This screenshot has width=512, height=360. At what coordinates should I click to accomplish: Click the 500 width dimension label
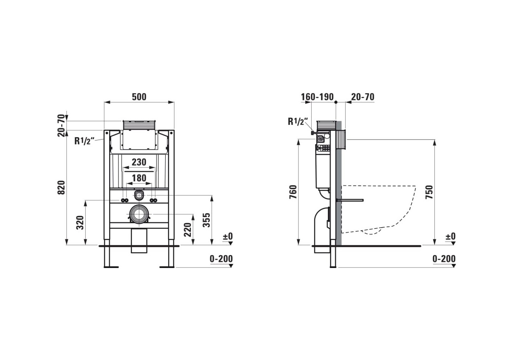tap(139, 97)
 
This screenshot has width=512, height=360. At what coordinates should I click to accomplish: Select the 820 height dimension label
tap(61, 188)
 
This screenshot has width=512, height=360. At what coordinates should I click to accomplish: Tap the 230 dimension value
tap(139, 162)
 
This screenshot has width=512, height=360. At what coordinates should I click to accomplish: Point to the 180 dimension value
tap(139, 178)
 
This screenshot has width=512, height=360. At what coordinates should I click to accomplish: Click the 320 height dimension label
tap(80, 223)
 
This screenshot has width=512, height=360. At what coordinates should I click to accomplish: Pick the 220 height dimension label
tap(188, 230)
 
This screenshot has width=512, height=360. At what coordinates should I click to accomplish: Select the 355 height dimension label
tap(207, 220)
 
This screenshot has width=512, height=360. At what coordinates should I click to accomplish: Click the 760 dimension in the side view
tap(293, 192)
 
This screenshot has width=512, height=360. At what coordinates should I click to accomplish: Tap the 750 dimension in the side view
tap(429, 192)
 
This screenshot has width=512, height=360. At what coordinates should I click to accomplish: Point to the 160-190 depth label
tap(317, 97)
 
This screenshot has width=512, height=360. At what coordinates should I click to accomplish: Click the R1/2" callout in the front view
tap(84, 141)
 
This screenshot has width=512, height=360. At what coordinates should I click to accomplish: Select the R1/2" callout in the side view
tap(298, 121)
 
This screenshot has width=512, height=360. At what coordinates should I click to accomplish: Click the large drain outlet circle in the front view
tap(138, 214)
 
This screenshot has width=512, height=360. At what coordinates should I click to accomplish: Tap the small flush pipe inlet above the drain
tap(138, 195)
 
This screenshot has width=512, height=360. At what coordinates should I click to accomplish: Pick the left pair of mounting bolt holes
tap(124, 200)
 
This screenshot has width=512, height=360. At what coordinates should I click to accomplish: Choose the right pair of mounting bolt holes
tap(154, 200)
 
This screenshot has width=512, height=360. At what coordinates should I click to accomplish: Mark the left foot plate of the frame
tap(111, 267)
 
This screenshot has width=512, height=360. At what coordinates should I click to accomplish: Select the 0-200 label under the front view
tap(221, 259)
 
